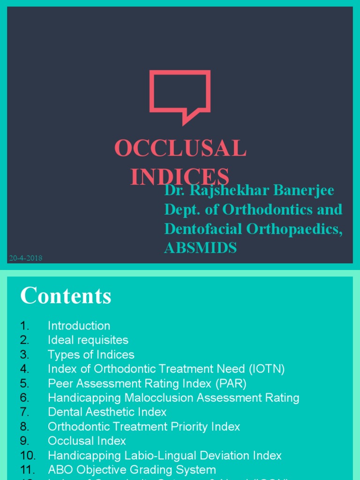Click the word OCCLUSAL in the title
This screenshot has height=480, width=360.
[x=180, y=149]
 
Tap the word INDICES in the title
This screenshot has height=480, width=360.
[x=180, y=176]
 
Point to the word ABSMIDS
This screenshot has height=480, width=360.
[x=201, y=248]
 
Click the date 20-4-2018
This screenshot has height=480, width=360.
[x=25, y=258]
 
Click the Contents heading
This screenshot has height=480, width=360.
[x=66, y=296]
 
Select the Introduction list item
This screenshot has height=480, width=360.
[x=79, y=325]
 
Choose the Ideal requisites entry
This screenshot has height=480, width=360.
[x=88, y=340]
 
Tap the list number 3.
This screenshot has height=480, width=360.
[x=24, y=354]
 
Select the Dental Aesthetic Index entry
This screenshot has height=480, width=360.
[x=107, y=412]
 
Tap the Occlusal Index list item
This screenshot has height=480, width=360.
[x=87, y=441]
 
